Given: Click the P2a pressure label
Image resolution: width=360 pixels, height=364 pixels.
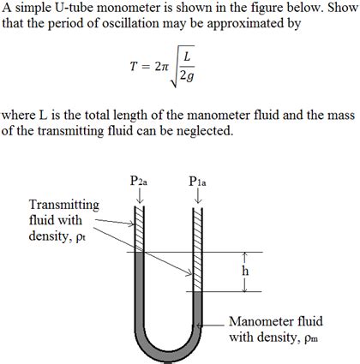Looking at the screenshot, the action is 139,182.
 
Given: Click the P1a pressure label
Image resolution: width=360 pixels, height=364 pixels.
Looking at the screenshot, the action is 197,182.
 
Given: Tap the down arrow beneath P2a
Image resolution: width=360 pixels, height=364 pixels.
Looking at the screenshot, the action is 140,197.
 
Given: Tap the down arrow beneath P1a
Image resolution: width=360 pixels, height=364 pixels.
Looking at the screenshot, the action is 198,197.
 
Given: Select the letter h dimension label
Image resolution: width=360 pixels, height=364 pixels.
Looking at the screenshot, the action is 245,272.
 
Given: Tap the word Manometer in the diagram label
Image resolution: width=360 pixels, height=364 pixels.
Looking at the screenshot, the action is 261,321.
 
